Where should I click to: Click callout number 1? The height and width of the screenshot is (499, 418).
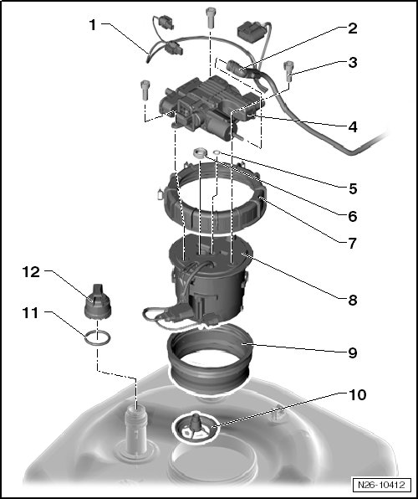93,25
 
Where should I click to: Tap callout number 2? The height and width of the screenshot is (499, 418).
353,28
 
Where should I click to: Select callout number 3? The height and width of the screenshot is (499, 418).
353,62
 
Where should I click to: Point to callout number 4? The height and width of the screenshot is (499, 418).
353,127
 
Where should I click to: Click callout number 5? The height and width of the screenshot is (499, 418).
353,188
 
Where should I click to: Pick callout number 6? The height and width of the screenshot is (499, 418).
353,216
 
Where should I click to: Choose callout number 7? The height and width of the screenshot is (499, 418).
353,244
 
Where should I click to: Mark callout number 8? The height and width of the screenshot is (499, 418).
353,300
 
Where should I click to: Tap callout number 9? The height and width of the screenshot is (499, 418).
353,353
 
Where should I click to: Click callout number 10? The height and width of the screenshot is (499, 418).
358,395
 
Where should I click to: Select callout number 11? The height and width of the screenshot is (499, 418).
30,313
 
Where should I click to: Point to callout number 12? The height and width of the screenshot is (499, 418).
31,272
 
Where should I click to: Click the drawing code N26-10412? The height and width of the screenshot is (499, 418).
381,485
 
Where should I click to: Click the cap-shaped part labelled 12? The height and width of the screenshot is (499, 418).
98,301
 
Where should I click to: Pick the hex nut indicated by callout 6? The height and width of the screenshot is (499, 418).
200,152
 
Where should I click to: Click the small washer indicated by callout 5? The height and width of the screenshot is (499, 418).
217,152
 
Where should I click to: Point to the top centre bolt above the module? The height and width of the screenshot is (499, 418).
211,18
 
